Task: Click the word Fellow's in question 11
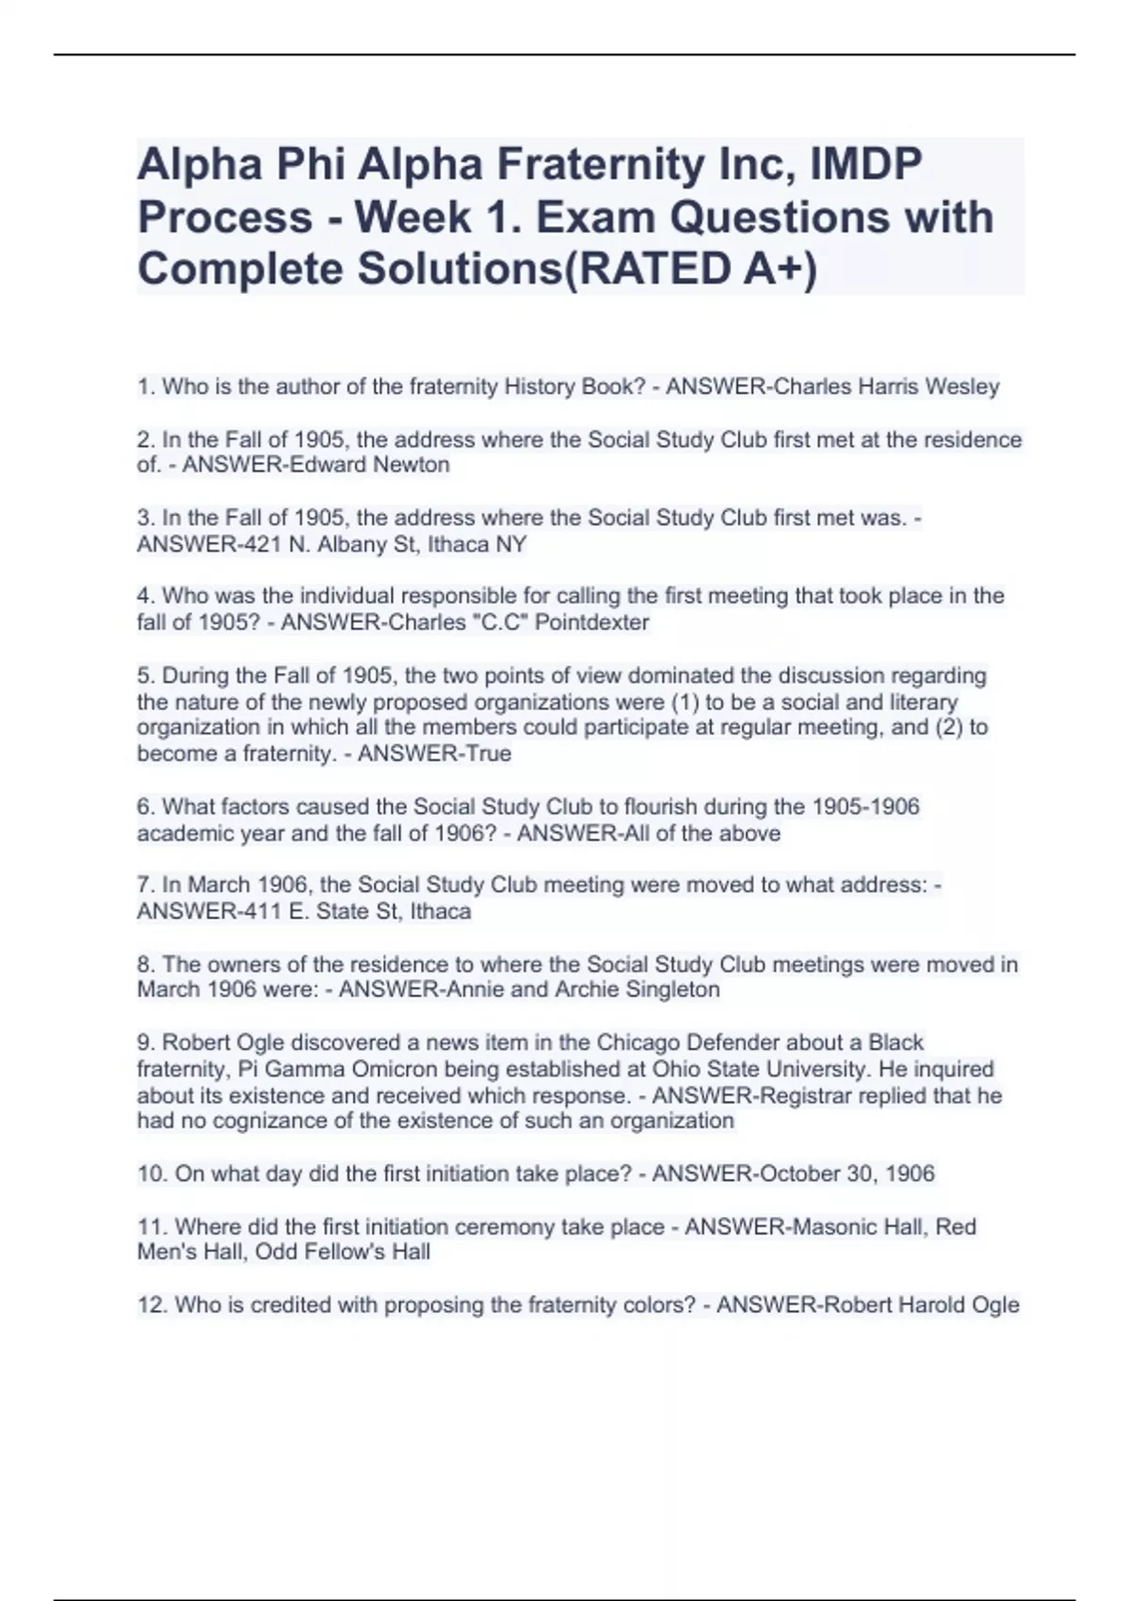click(x=342, y=1253)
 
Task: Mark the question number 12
click(x=151, y=1305)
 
